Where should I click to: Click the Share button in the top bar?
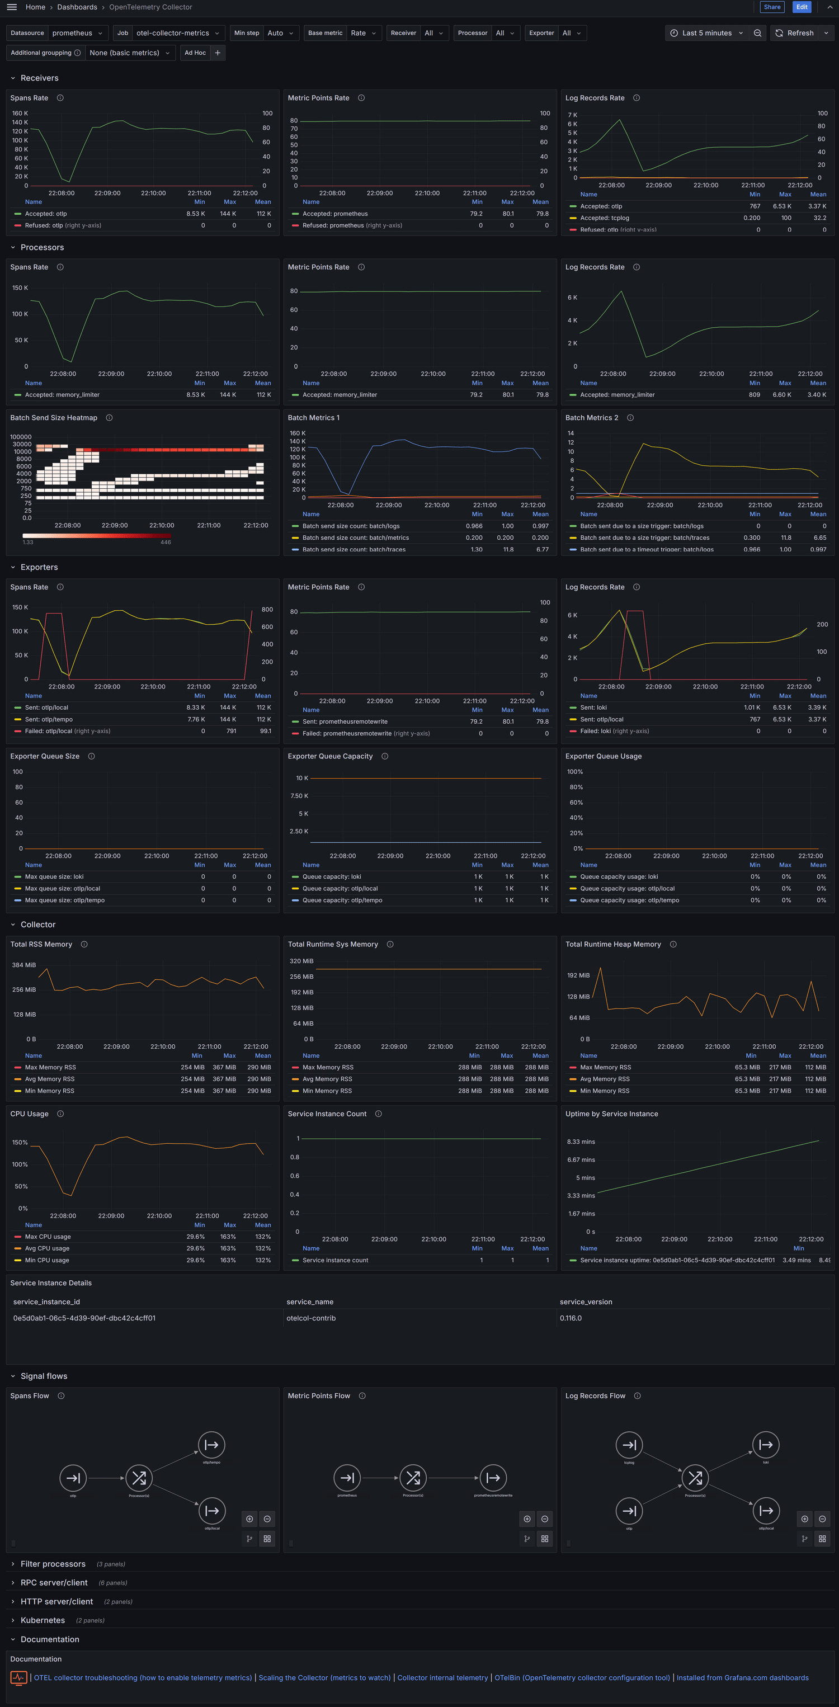click(x=771, y=7)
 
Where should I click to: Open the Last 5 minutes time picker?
click(x=706, y=33)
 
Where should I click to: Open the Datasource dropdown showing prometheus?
click(x=77, y=33)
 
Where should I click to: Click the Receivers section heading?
click(x=39, y=78)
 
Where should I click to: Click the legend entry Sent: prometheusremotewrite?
click(x=345, y=722)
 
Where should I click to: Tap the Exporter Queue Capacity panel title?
click(x=330, y=757)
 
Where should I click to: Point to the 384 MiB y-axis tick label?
click(x=24, y=965)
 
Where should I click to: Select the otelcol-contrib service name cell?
click(x=311, y=1319)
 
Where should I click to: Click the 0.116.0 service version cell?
click(x=571, y=1319)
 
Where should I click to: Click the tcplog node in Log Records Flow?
click(x=629, y=1445)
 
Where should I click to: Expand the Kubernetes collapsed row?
click(x=43, y=1620)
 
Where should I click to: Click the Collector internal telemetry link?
click(x=442, y=1678)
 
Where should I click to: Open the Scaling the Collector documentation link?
click(x=324, y=1678)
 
